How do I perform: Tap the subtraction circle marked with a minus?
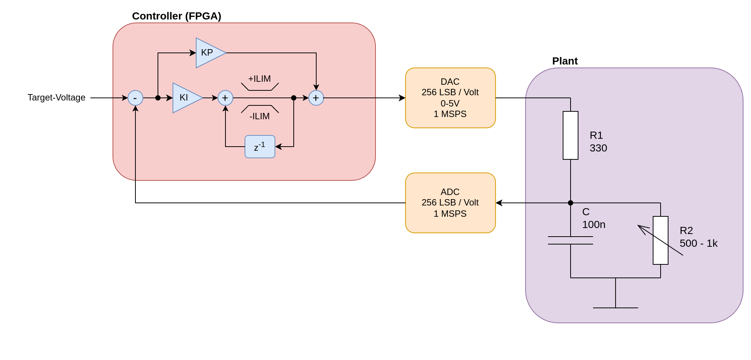pos(135,98)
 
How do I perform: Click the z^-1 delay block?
pos(260,147)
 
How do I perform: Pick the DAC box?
pos(451,98)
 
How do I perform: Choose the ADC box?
pos(451,203)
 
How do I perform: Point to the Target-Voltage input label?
pos(57,97)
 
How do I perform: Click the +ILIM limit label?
pos(260,79)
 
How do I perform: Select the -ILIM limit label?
pos(260,116)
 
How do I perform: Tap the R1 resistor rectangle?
pos(571,135)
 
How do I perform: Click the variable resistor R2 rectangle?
pos(661,240)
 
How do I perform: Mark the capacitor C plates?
pos(571,240)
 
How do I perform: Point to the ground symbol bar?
pos(616,308)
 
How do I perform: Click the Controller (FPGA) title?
pos(177,16)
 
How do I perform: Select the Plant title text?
pos(565,61)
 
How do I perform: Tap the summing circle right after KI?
pos(225,98)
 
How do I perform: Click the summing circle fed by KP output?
pos(316,98)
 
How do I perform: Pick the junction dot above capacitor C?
pos(571,203)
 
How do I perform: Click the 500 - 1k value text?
pos(698,243)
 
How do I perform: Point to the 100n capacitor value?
pos(594,225)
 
